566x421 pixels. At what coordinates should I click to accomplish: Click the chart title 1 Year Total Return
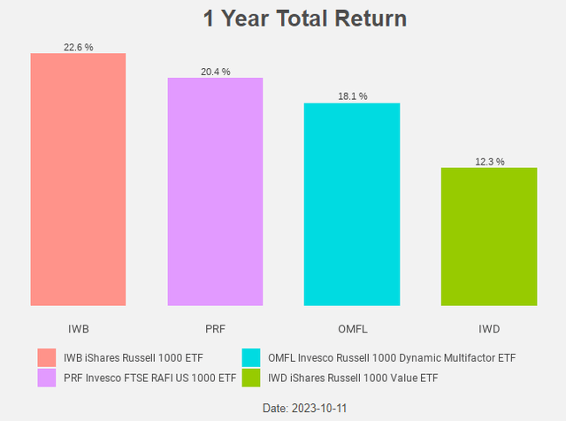coord(293,19)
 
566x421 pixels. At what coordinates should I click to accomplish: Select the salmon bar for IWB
coord(78,180)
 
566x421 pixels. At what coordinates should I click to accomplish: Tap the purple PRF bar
coord(215,192)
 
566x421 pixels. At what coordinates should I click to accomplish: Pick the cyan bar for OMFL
coord(352,204)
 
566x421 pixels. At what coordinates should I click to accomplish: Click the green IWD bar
coord(489,237)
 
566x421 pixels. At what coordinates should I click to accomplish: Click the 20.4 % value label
coord(215,72)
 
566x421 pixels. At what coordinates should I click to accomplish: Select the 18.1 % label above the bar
coord(352,96)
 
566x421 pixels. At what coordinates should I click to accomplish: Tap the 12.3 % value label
coord(489,162)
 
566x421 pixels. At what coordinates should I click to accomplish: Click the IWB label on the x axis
coord(78,328)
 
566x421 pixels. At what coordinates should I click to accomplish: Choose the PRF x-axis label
coord(215,328)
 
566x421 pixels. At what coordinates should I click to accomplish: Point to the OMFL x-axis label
coord(352,328)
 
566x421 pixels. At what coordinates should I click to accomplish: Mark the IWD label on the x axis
coord(489,328)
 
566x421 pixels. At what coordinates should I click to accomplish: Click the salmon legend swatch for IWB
coord(47,358)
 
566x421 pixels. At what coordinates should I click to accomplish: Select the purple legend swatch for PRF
coord(47,379)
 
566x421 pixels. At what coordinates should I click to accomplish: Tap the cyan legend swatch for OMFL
coord(252,358)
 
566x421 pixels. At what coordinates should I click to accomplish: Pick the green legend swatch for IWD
coord(252,379)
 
